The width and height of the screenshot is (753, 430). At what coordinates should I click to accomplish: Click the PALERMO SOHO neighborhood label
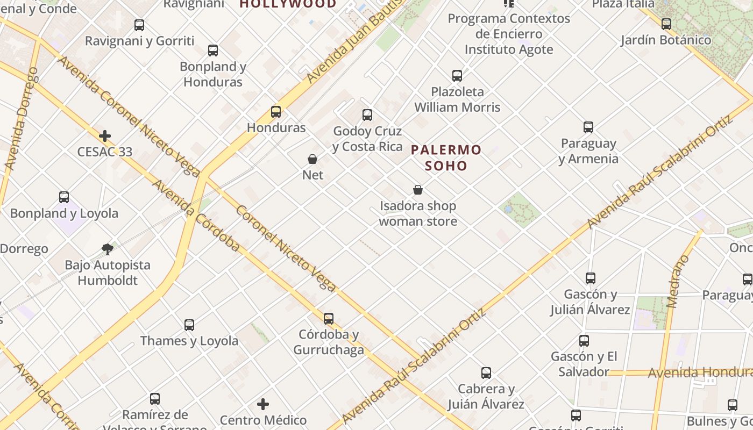point(446,157)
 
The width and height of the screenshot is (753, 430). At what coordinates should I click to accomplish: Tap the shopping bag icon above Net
point(312,159)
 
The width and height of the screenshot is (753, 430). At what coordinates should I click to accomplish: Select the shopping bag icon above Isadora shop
point(418,190)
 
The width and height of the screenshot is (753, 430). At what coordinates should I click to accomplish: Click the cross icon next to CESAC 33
point(105,136)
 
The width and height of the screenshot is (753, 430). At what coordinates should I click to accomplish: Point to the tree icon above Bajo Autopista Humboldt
point(108,249)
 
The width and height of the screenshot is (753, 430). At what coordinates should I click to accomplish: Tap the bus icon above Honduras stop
point(276,112)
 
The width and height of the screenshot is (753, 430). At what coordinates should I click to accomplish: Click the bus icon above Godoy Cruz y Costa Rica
point(367,115)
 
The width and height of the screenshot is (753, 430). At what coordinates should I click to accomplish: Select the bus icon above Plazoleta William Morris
point(457,76)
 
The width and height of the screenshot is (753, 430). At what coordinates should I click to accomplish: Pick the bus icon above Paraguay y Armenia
point(588,127)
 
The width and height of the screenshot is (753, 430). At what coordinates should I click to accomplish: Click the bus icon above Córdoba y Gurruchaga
point(329,319)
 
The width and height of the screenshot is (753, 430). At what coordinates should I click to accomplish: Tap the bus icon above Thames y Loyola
point(189,325)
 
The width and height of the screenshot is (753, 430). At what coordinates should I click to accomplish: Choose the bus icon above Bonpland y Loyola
point(64,197)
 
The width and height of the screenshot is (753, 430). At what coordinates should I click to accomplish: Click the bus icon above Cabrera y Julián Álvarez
point(486,373)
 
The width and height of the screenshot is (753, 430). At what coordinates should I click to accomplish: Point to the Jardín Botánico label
point(666,40)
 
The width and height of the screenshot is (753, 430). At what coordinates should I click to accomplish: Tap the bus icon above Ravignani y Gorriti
point(139,25)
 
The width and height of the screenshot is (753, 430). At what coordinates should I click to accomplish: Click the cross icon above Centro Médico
point(263,404)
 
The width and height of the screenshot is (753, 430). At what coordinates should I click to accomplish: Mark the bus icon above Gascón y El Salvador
point(584,341)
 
